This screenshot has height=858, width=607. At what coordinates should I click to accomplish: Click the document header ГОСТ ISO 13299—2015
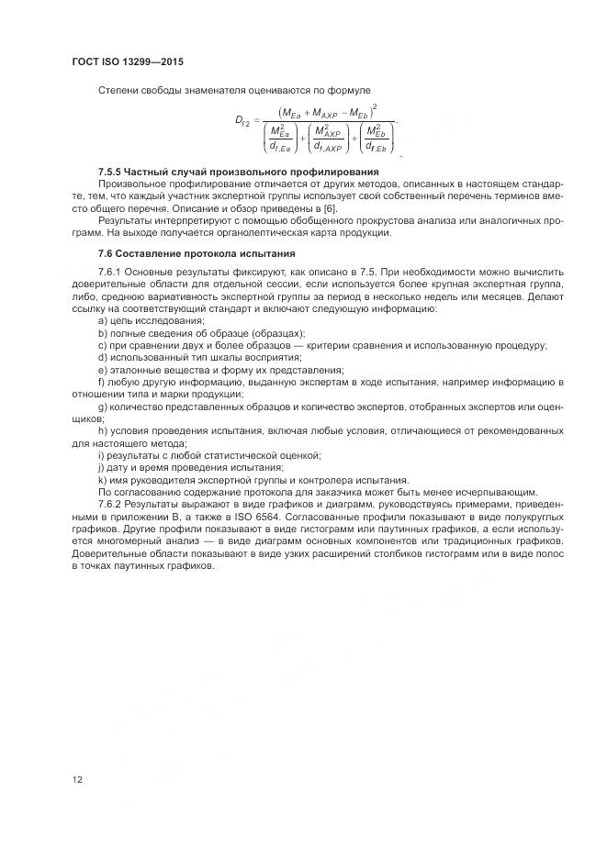pos(134,61)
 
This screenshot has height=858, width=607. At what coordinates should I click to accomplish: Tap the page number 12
pos(78,779)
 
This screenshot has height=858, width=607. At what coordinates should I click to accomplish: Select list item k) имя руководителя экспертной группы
pos(253,480)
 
